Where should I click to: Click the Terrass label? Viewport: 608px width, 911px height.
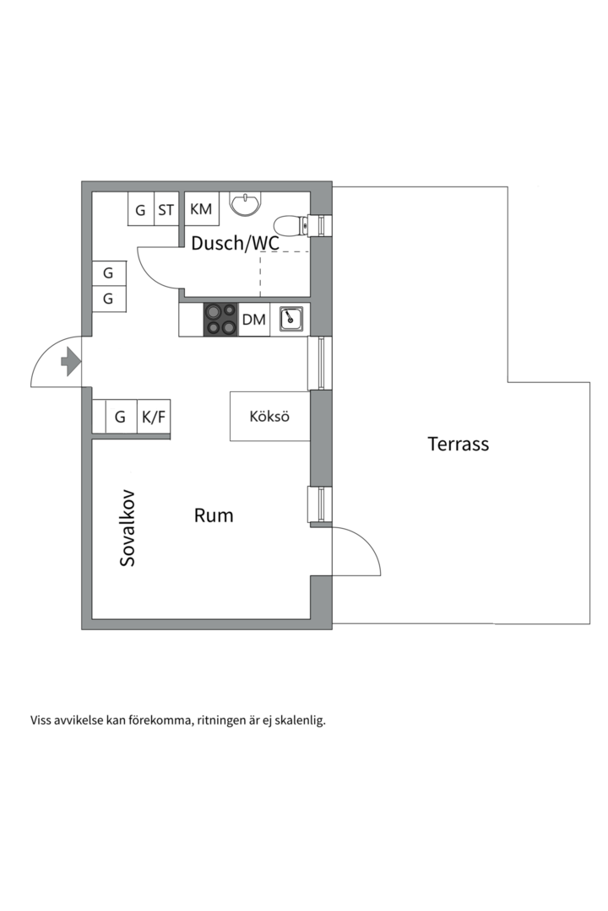pyautogui.click(x=458, y=444)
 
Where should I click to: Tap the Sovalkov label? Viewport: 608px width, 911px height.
pyautogui.click(x=128, y=527)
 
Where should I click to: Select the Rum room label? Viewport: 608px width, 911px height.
pyautogui.click(x=214, y=515)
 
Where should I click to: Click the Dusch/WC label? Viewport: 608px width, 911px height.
pyautogui.click(x=235, y=243)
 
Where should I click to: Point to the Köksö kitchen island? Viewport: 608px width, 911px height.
pyautogui.click(x=269, y=416)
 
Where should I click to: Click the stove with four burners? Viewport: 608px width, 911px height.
pyautogui.click(x=221, y=320)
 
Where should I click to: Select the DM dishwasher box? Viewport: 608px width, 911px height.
pyautogui.click(x=253, y=320)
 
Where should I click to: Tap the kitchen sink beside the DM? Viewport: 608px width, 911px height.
pyautogui.click(x=290, y=319)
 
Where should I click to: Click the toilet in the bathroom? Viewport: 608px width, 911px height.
pyautogui.click(x=292, y=226)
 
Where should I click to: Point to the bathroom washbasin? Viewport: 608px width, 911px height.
pyautogui.click(x=247, y=202)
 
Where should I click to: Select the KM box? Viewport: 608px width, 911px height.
pyautogui.click(x=201, y=209)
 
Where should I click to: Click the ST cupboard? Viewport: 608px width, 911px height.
pyautogui.click(x=166, y=210)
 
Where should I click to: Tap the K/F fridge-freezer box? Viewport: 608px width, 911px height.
pyautogui.click(x=153, y=417)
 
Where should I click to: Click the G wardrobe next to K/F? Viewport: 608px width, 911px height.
pyautogui.click(x=120, y=417)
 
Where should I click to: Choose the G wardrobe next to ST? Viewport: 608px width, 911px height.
pyautogui.click(x=140, y=210)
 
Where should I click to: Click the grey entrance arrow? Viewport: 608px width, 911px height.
pyautogui.click(x=70, y=364)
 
